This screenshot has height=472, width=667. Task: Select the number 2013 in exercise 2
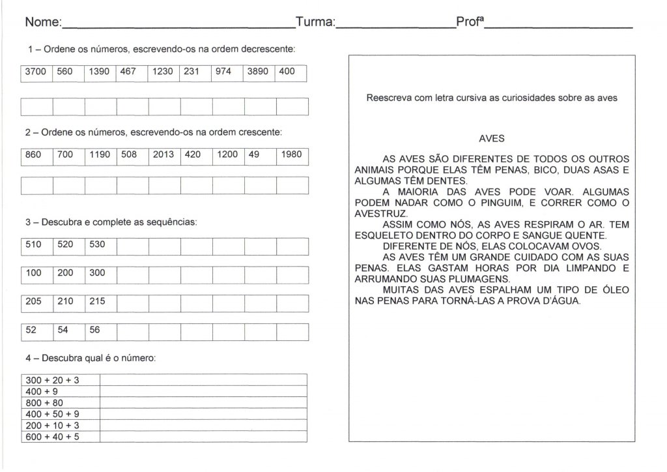(163, 155)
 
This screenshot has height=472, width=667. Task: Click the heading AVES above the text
(492, 138)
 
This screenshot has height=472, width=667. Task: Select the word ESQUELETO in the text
(384, 235)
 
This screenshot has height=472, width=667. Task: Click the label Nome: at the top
(42, 23)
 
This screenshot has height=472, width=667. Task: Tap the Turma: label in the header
(315, 23)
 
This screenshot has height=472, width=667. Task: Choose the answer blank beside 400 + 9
(203, 392)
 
